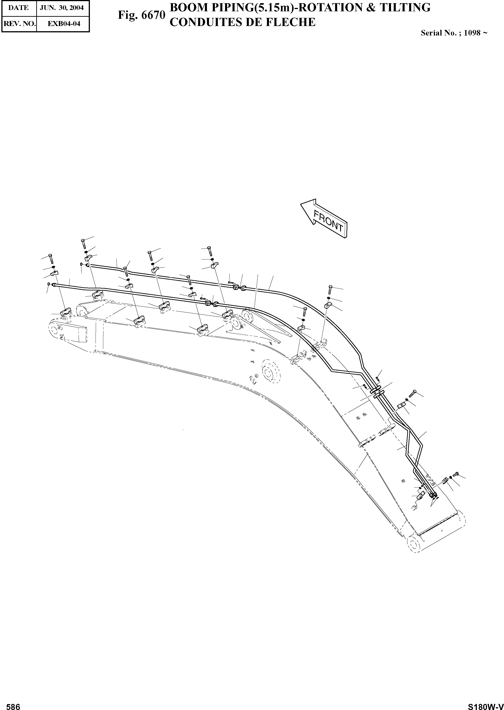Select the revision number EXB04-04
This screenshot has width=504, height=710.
[63, 24]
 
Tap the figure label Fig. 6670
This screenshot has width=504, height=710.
[141, 15]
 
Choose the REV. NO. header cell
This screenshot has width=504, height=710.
[19, 24]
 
